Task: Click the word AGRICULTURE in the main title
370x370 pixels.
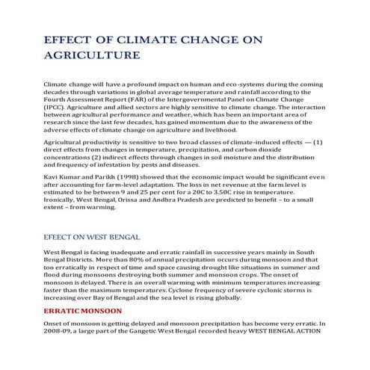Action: pyautogui.click(x=92, y=55)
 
